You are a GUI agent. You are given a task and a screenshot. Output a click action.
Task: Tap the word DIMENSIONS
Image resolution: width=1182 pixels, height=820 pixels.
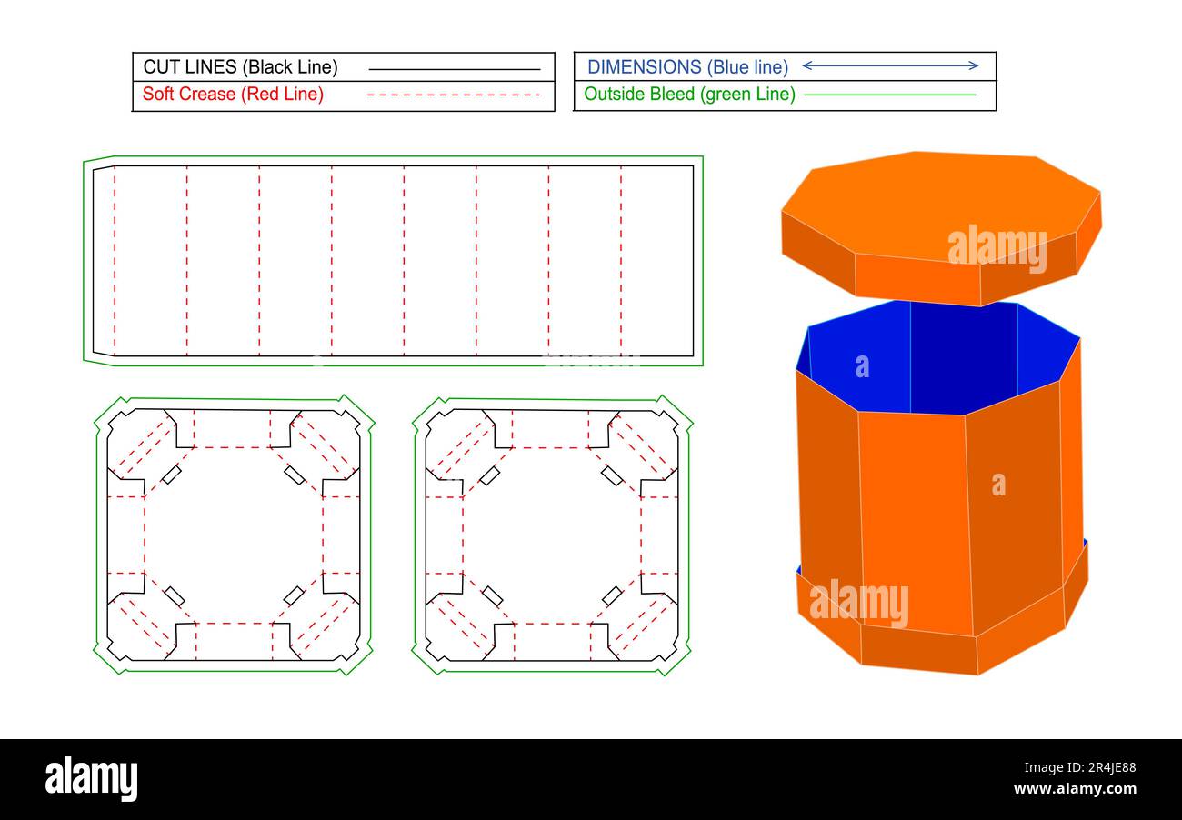point(644,67)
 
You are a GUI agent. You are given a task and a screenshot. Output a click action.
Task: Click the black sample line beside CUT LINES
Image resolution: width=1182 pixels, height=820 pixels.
point(454,69)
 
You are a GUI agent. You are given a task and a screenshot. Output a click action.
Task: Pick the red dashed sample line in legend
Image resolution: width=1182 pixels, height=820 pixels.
point(454,95)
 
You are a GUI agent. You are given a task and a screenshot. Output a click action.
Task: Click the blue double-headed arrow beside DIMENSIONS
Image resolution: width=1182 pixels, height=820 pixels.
point(890,65)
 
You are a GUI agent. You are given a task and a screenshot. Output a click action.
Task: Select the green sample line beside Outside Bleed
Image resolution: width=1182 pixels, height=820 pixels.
point(890,95)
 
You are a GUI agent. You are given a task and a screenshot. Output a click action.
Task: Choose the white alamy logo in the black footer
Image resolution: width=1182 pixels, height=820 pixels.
point(91,779)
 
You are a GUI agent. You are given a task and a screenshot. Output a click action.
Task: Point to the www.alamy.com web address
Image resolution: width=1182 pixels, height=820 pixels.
point(1075,789)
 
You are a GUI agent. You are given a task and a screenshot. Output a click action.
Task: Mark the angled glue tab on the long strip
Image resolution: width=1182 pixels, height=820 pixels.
point(103,261)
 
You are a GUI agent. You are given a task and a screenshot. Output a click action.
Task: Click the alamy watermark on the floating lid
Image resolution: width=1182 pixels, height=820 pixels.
point(997,247)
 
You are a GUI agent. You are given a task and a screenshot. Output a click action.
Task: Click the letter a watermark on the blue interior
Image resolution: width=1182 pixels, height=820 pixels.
point(862,366)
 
